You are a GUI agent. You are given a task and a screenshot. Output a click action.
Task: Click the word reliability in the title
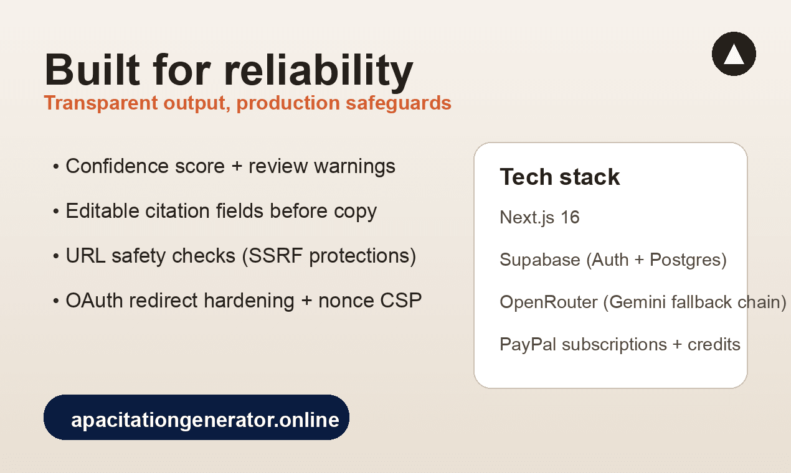click(318, 71)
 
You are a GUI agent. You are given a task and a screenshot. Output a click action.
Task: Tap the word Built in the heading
click(92, 69)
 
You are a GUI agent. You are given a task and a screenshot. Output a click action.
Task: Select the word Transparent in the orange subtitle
click(101, 103)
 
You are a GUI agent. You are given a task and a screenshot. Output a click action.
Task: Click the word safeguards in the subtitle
click(399, 103)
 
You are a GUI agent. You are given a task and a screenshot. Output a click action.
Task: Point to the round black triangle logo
click(734, 54)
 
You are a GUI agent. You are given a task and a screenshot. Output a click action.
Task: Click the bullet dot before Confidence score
click(56, 166)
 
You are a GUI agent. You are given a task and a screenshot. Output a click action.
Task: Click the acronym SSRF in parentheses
click(275, 256)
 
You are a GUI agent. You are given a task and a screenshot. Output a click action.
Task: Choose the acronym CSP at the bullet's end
click(401, 301)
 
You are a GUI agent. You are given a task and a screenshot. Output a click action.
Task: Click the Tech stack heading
click(560, 177)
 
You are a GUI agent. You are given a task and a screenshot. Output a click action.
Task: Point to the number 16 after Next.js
click(570, 217)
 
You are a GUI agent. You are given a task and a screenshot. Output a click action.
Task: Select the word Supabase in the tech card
click(540, 260)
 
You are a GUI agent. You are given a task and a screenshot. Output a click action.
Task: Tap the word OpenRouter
click(549, 302)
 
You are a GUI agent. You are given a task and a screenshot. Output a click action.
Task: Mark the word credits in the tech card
click(714, 345)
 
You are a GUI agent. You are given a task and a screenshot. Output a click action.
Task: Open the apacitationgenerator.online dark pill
click(196, 417)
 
